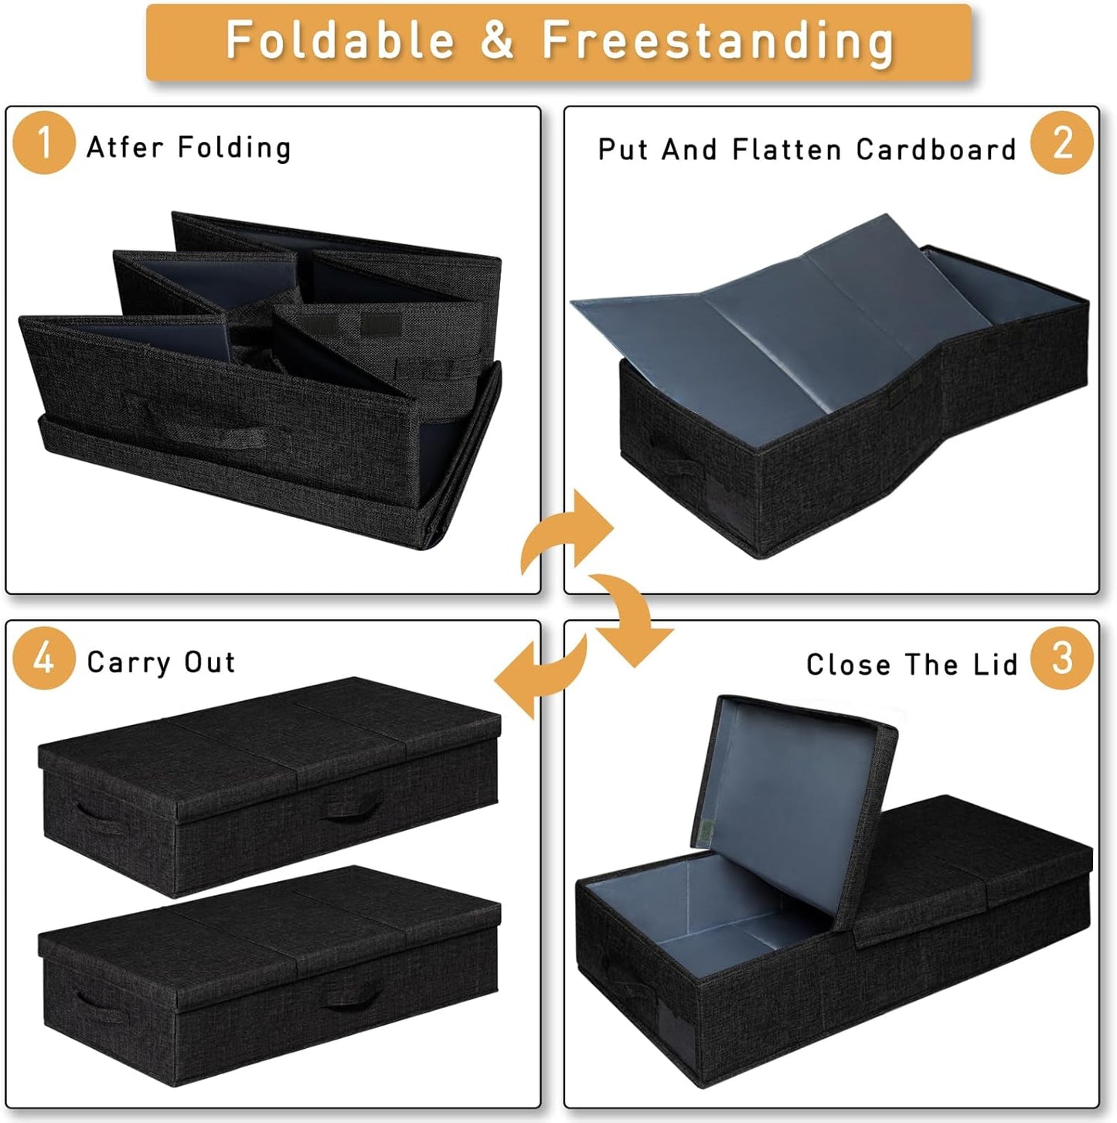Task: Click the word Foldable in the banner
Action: click(x=339, y=40)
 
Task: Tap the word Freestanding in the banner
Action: click(x=717, y=40)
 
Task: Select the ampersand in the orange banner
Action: click(x=496, y=40)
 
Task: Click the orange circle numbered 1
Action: click(x=43, y=143)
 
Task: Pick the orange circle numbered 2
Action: click(x=1062, y=143)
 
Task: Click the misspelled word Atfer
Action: click(x=124, y=147)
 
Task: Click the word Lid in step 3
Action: click(x=996, y=665)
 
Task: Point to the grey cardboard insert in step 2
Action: click(x=781, y=317)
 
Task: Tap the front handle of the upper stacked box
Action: click(x=352, y=809)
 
